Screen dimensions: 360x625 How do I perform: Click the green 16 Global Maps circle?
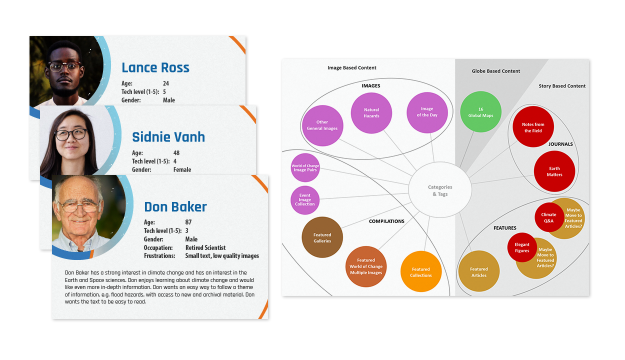480,112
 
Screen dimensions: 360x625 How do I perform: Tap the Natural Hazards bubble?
371,113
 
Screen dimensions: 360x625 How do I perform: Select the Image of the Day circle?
427,112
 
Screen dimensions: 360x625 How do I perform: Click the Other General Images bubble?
322,125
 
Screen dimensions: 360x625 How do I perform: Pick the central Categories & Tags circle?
440,190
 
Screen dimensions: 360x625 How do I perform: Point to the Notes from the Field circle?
533,127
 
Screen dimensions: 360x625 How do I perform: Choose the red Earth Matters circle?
554,171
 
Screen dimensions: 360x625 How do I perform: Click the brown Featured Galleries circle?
322,237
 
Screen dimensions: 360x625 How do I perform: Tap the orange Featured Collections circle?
421,272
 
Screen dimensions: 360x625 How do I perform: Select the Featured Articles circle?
478,271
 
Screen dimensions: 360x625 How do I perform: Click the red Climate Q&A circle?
548,217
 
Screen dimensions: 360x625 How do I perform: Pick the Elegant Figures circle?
522,247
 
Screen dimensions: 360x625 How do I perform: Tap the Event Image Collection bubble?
305,199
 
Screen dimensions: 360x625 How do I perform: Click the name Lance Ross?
155,67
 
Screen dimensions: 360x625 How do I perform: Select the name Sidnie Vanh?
168,137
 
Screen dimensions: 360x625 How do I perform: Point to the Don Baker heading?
175,206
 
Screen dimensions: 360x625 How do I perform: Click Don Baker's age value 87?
188,222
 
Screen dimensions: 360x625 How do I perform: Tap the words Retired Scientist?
205,247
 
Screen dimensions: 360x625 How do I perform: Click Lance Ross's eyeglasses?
64,66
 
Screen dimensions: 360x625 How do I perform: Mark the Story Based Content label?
562,86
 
